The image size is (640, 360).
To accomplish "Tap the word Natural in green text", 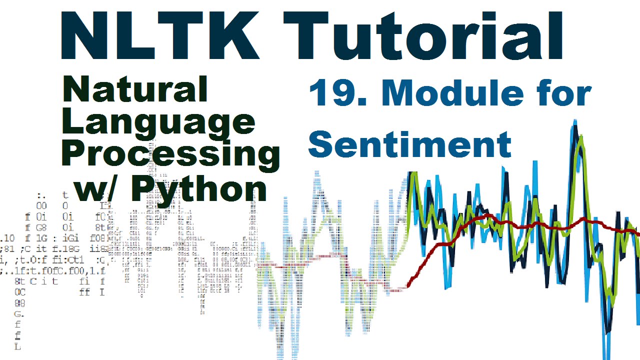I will coord(135,90).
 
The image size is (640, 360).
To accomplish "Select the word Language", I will coord(159,122).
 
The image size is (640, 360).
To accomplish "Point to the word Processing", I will coord(170,155).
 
